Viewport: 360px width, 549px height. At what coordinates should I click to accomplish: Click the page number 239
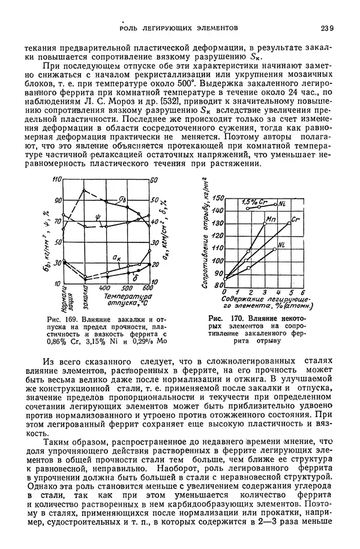click(x=327, y=28)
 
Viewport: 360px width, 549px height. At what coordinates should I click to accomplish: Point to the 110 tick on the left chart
click(x=57, y=179)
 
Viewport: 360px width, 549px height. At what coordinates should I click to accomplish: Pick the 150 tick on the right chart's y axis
click(x=218, y=198)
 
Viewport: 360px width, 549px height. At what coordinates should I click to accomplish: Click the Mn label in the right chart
click(x=270, y=218)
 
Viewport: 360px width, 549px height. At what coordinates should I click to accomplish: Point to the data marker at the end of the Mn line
click(x=265, y=224)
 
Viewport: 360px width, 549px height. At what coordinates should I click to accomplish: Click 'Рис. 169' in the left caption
click(x=57, y=318)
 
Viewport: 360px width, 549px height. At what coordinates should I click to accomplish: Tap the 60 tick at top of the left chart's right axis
click(x=154, y=180)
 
